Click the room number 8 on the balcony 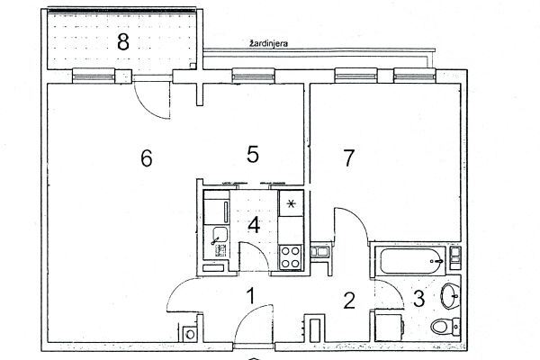123,42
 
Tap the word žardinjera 268,44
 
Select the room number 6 147,158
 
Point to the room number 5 253,154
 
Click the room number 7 349,158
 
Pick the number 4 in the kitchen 254,226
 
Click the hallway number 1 251,296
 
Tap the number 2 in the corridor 349,300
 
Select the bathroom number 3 418,299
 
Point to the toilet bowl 445,326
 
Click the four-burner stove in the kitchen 291,257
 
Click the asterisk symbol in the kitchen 291,204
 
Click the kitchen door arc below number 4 257,251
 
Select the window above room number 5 254,76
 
